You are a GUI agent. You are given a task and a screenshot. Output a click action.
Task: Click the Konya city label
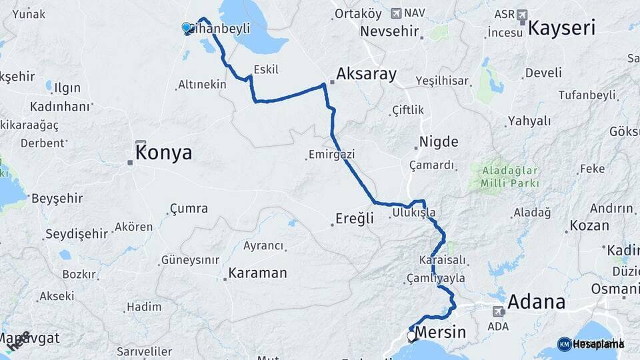[163, 153]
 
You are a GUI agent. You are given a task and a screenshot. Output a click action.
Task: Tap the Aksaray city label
[366, 74]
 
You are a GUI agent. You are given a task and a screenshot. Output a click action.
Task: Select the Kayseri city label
[561, 27]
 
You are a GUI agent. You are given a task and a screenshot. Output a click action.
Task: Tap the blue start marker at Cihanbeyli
[186, 27]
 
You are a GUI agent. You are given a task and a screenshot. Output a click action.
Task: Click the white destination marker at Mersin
[411, 337]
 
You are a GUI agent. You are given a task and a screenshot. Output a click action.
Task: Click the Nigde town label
[438, 141]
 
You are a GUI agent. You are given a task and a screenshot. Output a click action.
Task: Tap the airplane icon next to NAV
[397, 13]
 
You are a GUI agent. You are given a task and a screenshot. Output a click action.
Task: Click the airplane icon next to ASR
[521, 14]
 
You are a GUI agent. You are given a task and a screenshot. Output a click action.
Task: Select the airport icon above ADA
[498, 311]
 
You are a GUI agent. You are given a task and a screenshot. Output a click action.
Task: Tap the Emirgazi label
[331, 154]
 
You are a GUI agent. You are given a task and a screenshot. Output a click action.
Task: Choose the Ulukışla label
[413, 213]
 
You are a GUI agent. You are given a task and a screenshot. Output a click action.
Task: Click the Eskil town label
[266, 69]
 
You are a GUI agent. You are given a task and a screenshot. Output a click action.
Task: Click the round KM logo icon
[564, 344]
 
